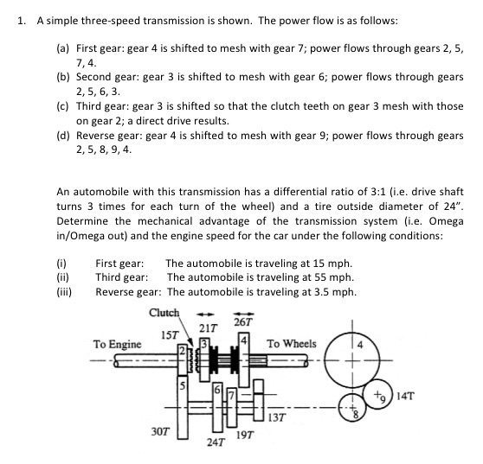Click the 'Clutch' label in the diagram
pos(164,313)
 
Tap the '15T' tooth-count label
pos(170,334)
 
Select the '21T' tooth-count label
pos(208,327)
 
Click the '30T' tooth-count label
pos(161,429)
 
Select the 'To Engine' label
pos(118,344)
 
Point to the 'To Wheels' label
pos(292,344)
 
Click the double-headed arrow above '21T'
pos(208,315)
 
